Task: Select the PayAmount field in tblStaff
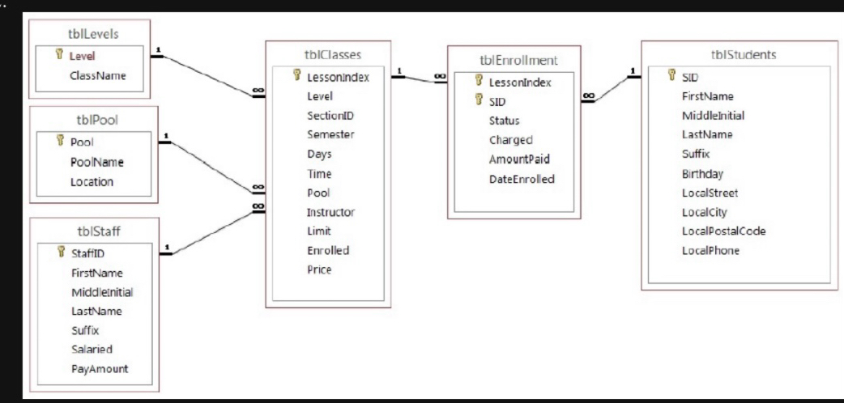(x=100, y=369)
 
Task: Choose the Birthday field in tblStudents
(x=702, y=174)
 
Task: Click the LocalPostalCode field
(x=723, y=231)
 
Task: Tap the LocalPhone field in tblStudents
(x=710, y=251)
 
